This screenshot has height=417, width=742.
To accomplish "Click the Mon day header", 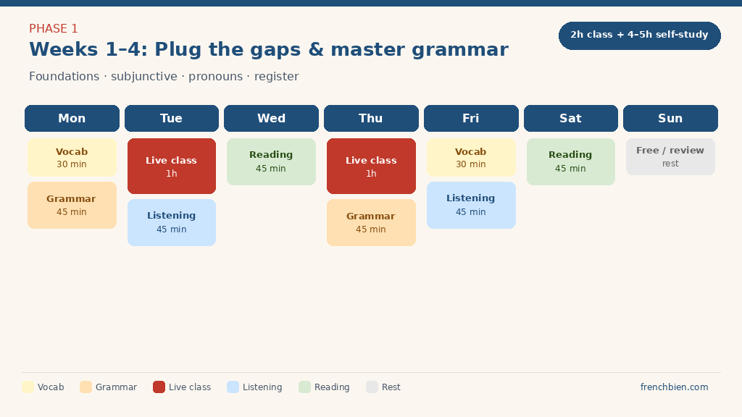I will [72, 118].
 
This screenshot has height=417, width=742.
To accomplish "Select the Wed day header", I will [271, 118].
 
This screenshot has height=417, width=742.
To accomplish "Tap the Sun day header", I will [670, 118].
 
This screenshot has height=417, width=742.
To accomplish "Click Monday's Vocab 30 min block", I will [72, 157].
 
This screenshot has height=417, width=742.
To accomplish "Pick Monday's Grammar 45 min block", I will [72, 205].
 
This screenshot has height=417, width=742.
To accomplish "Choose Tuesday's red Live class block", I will [171, 166].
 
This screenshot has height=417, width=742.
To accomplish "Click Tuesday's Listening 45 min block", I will [171, 222].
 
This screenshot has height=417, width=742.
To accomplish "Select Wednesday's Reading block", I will [271, 161].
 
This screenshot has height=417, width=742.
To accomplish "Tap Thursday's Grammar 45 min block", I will [371, 222].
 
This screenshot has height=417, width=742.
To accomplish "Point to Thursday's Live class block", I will [371, 166].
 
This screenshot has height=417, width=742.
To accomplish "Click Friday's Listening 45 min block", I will [471, 205].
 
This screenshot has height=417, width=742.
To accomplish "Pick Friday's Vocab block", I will [471, 157].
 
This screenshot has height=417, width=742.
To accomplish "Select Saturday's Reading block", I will [570, 161].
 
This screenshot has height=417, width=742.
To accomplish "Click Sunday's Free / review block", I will [670, 156].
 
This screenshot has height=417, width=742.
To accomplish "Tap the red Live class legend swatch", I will [159, 387].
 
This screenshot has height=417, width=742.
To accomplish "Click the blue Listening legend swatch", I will [233, 387].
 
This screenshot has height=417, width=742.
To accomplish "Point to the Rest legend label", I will [391, 387].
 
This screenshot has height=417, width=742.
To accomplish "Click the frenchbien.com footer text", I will [674, 387].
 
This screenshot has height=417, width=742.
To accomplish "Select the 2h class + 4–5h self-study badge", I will [639, 35].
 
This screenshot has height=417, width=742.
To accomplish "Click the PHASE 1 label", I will [54, 29].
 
